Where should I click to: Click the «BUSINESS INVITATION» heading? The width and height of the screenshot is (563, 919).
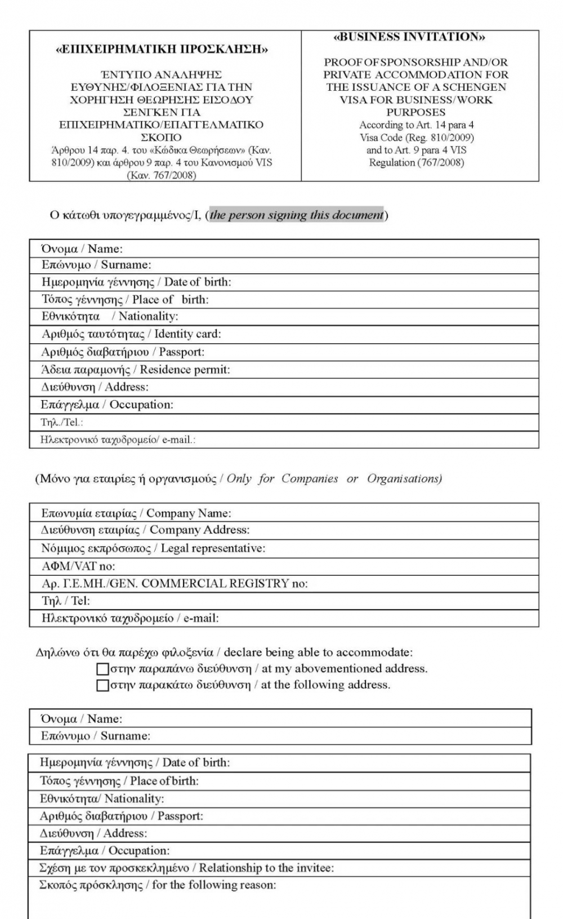point(409,37)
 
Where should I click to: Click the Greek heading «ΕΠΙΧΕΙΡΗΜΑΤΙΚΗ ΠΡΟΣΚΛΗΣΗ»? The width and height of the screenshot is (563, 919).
point(162,50)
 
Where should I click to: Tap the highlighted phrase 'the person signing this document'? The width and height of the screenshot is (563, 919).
point(297,215)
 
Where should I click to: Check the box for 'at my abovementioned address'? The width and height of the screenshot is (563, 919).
point(102,669)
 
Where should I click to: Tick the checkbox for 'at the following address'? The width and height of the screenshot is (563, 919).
point(102,685)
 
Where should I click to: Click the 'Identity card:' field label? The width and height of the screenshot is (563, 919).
point(187,334)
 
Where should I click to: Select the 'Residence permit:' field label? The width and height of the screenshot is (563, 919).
point(185,370)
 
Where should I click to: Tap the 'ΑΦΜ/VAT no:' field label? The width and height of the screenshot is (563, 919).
point(78,566)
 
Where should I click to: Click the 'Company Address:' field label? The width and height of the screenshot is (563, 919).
point(199,530)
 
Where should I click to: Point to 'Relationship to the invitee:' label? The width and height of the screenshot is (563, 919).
point(266,868)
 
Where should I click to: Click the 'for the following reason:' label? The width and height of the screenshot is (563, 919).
point(214,885)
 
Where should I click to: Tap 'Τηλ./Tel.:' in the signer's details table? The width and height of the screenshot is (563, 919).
point(62,423)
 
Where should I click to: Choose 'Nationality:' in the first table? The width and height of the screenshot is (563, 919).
point(148,317)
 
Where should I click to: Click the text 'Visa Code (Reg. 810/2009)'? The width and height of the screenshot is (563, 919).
point(417,137)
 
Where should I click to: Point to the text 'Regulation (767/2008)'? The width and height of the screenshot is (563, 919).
point(417,162)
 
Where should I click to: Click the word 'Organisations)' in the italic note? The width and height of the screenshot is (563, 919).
point(404,479)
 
